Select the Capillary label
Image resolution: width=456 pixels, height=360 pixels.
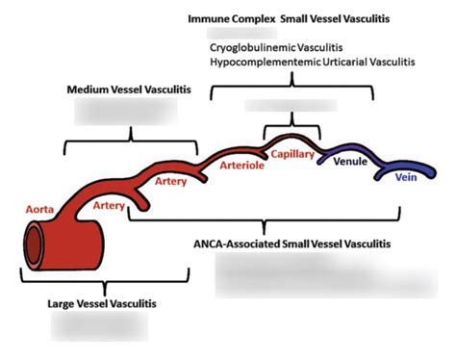293,153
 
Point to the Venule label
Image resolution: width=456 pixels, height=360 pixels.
349,162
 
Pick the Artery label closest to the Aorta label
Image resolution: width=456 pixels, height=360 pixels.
111,205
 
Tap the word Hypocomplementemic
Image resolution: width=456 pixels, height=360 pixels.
260,62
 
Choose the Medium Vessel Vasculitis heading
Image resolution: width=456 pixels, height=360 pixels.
129,90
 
